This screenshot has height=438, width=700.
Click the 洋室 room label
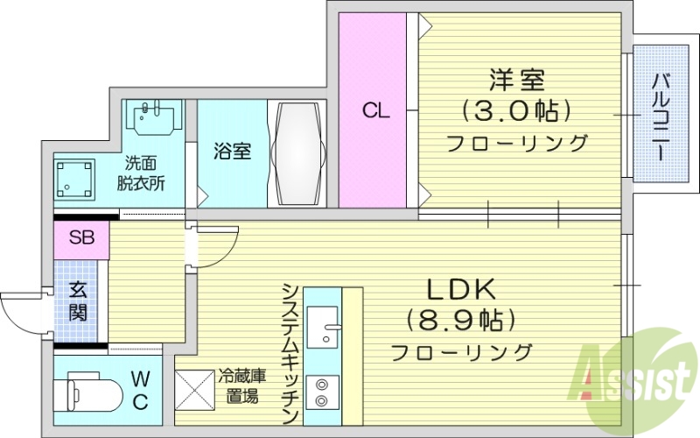click(x=517, y=81)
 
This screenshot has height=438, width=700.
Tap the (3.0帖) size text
click(x=517, y=111)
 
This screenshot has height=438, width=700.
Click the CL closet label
click(x=376, y=111)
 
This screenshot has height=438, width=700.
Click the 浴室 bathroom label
click(x=233, y=151)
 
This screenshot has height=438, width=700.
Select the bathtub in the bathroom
click(x=299, y=153)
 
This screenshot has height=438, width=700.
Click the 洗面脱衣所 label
click(x=141, y=173)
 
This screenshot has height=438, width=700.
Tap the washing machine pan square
click(x=76, y=178)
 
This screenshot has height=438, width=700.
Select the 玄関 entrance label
click(x=79, y=302)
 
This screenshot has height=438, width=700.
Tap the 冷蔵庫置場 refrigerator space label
click(x=242, y=385)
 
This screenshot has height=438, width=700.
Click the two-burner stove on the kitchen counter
click(x=322, y=392)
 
